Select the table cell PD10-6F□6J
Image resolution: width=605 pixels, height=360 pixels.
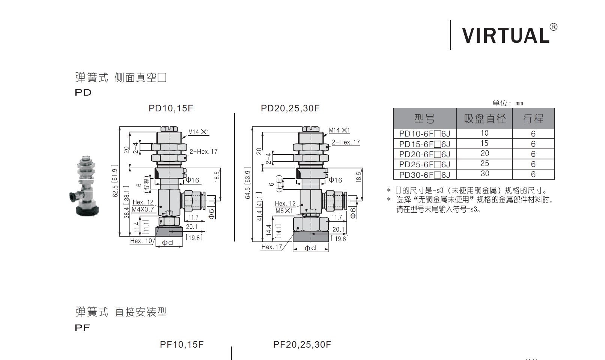(x=424, y=134)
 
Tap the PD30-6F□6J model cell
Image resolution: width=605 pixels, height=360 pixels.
(x=424, y=175)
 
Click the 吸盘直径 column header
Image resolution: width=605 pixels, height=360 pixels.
(x=485, y=119)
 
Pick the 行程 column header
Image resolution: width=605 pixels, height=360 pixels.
(x=533, y=119)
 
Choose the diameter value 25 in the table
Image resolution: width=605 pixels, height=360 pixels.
(x=485, y=164)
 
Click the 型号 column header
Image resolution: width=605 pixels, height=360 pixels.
(x=424, y=119)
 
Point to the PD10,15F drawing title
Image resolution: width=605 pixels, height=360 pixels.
(x=171, y=108)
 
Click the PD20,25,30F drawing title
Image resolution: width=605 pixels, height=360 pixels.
(x=290, y=108)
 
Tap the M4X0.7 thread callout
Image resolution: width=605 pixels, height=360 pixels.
(x=143, y=210)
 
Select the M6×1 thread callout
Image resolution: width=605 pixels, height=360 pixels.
(x=284, y=211)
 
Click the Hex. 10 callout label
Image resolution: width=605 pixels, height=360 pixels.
(x=141, y=241)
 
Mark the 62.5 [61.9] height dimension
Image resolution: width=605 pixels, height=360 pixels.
(x=115, y=181)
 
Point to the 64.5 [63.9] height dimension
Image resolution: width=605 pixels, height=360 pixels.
(x=247, y=183)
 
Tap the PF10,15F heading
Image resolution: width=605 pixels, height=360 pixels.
(x=182, y=345)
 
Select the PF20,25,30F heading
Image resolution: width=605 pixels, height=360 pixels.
(x=302, y=345)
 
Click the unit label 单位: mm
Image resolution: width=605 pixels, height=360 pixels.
(x=507, y=103)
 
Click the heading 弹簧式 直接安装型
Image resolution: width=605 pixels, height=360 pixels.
(x=121, y=312)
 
